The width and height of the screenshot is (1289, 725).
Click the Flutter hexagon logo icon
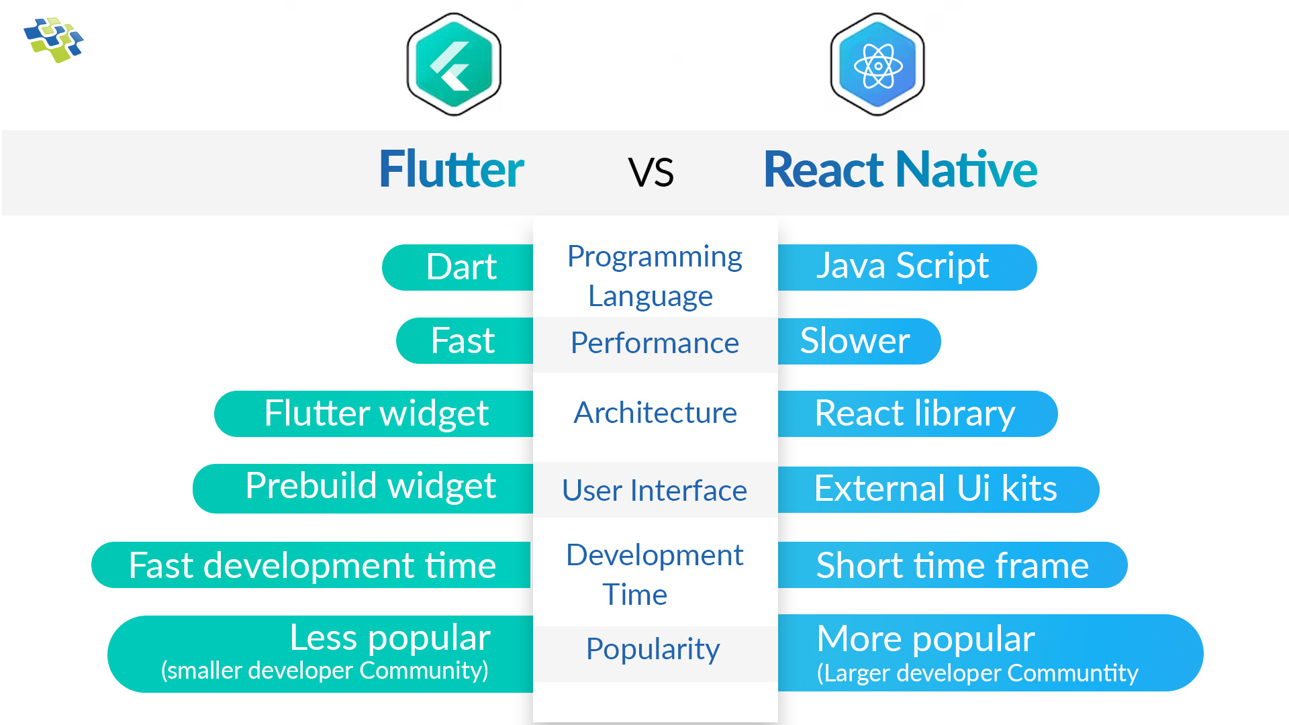[x=454, y=64]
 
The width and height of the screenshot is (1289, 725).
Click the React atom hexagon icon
[x=877, y=64]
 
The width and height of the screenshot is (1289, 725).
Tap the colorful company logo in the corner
[x=53, y=40]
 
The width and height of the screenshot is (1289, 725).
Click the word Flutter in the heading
[x=451, y=169]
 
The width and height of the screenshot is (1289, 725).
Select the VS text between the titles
[x=651, y=172]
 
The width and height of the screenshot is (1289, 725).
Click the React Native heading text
[x=900, y=169]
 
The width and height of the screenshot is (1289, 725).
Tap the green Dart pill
[x=461, y=267]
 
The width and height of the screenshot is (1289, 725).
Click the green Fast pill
[x=463, y=341]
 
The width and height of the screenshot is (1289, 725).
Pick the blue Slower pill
[x=855, y=341]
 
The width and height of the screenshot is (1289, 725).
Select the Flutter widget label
[x=376, y=414]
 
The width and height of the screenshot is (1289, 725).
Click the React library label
[x=914, y=414]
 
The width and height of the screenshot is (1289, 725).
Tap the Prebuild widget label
[x=370, y=487]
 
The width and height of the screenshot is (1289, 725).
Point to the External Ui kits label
[x=935, y=489]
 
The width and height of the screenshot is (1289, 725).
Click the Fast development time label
[x=312, y=565]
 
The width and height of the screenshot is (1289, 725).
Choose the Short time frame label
[x=952, y=565]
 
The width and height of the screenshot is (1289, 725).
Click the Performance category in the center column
[x=655, y=344]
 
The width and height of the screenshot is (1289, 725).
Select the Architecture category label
[x=655, y=413]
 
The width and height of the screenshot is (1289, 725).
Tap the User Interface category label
[x=655, y=491]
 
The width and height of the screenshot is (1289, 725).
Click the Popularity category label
[x=653, y=649]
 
